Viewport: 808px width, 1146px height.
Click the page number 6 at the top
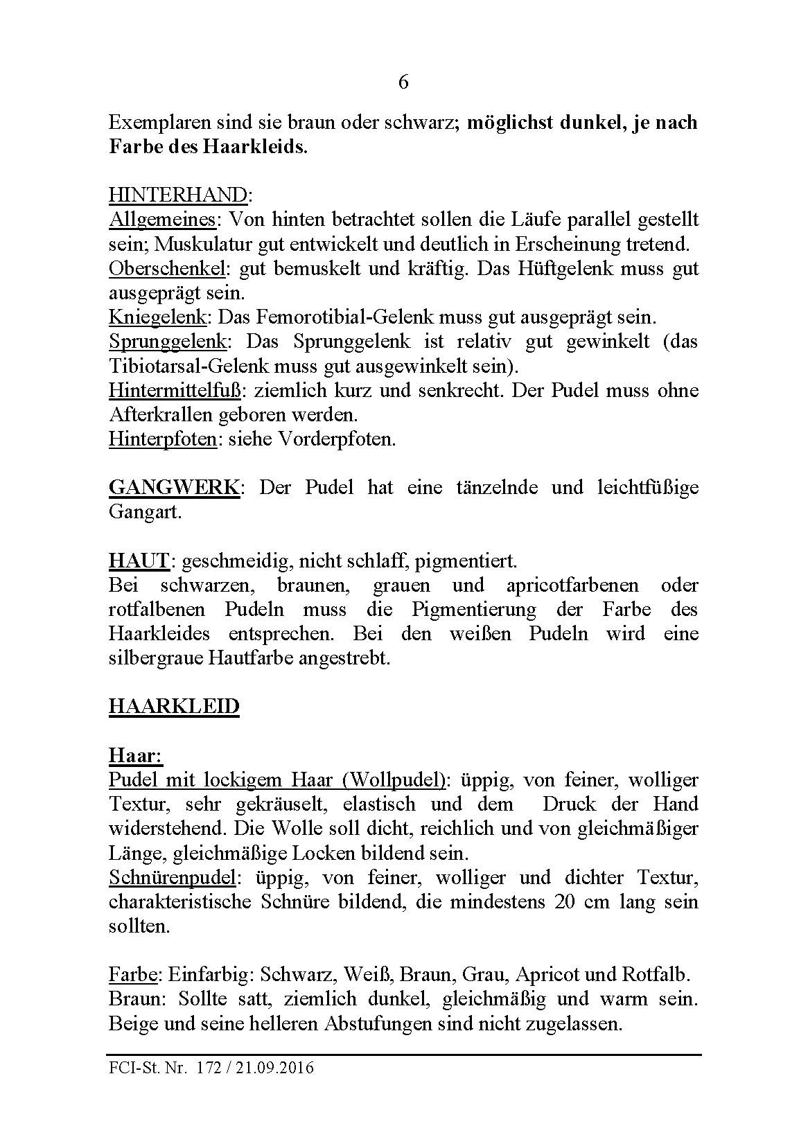[403, 82]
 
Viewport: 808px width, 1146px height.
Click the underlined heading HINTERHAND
[177, 195]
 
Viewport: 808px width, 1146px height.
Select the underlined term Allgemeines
[162, 220]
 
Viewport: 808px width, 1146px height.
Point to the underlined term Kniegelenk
[157, 317]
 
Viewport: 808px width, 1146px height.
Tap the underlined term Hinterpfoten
[163, 439]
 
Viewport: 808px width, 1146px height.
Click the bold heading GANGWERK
[174, 487]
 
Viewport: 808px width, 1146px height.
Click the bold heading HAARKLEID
[174, 707]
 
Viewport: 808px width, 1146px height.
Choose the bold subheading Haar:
[135, 755]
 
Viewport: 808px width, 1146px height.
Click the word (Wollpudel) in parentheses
[392, 780]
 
